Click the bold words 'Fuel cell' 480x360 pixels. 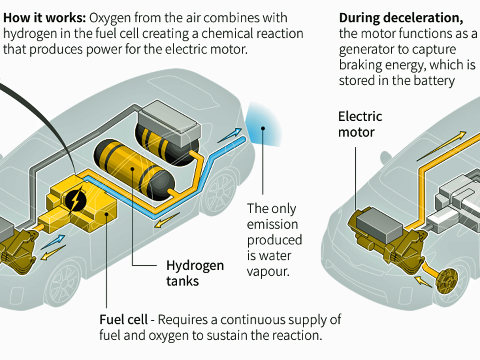pos(123,320)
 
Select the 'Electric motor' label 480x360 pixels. pos(360,124)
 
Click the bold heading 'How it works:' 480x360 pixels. pos(45,18)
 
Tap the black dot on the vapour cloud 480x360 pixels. pos(263,128)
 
